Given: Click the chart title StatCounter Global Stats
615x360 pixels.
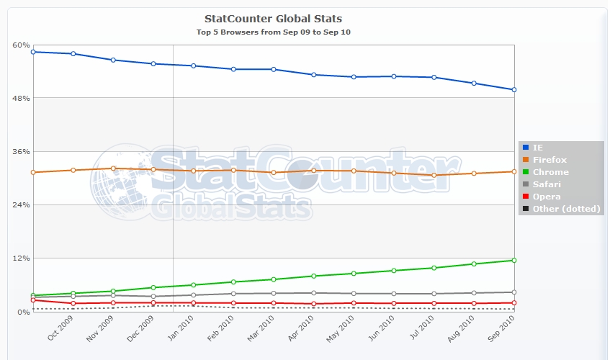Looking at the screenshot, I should tap(274, 18).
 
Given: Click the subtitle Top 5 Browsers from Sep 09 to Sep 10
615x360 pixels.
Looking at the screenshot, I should tap(274, 32).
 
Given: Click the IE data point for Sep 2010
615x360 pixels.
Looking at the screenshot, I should tap(513, 89).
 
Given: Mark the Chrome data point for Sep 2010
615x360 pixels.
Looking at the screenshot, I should tap(513, 260).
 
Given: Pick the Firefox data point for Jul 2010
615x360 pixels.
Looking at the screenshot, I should tap(434, 175).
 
